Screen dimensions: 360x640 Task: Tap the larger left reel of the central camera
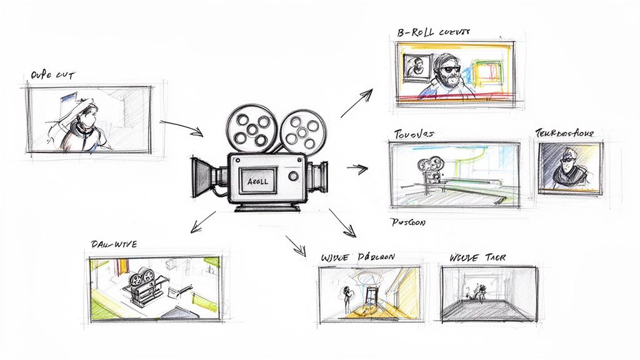click(251, 127)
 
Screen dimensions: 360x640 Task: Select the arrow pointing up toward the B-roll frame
click(357, 102)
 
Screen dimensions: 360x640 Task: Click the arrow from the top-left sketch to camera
click(182, 127)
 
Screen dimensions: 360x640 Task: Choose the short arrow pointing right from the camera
click(357, 167)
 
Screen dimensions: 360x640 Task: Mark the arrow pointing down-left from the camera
click(204, 222)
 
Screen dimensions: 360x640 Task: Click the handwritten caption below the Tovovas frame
click(407, 222)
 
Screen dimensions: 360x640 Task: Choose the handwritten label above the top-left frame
click(52, 76)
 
